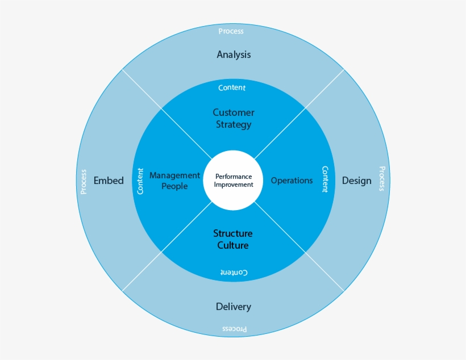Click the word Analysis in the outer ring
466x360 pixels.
pyautogui.click(x=234, y=55)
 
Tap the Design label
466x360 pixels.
pyautogui.click(x=356, y=181)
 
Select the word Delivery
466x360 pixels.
pyautogui.click(x=233, y=307)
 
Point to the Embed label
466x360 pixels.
pyautogui.click(x=108, y=181)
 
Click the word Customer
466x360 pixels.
pyautogui.click(x=234, y=112)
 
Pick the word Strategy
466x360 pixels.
pyautogui.click(x=234, y=124)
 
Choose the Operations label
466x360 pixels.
pyautogui.click(x=292, y=181)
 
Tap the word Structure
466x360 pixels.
pyautogui.click(x=233, y=233)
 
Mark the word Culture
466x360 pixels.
pyautogui.click(x=233, y=245)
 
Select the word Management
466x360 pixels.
pyautogui.click(x=174, y=175)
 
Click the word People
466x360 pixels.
pyautogui.click(x=174, y=186)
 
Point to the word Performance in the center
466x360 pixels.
pyautogui.click(x=234, y=177)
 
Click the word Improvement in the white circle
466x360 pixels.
pyautogui.click(x=234, y=185)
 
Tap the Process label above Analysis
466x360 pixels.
pyautogui.click(x=231, y=31)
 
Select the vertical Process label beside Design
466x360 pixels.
pyautogui.click(x=382, y=178)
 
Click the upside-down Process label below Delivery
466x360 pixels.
pyautogui.click(x=234, y=329)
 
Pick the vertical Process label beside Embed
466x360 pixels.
pyautogui.click(x=84, y=182)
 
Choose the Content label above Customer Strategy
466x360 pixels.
pyautogui.click(x=232, y=87)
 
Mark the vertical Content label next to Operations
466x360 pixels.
pyautogui.click(x=325, y=179)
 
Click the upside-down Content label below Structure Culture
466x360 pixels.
pyautogui.click(x=234, y=273)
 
